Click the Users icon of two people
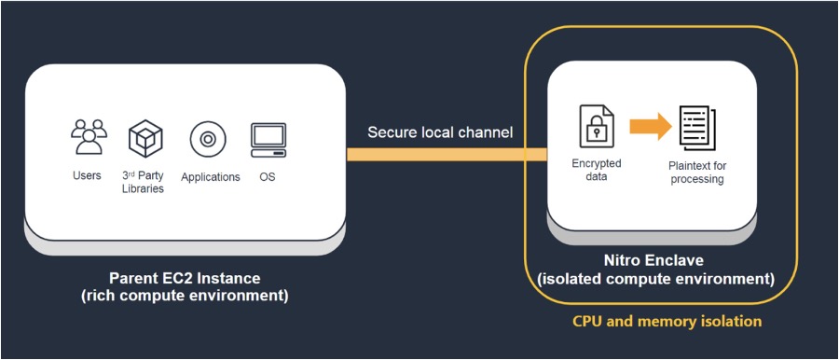pyautogui.click(x=88, y=137)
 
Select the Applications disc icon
pyautogui.click(x=208, y=140)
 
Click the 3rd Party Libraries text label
pyautogui.click(x=143, y=182)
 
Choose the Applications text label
pyautogui.click(x=210, y=176)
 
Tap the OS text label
pyautogui.click(x=268, y=175)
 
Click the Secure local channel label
pyautogui.click(x=439, y=132)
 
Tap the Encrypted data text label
pyautogui.click(x=597, y=169)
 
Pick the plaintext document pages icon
pyautogui.click(x=697, y=129)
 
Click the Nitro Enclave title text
pyautogui.click(x=663, y=260)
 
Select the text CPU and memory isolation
pyautogui.click(x=667, y=321)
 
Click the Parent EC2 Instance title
pyautogui.click(x=185, y=278)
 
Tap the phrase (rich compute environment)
pyautogui.click(x=185, y=297)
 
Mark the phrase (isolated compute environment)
pyautogui.click(x=663, y=278)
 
